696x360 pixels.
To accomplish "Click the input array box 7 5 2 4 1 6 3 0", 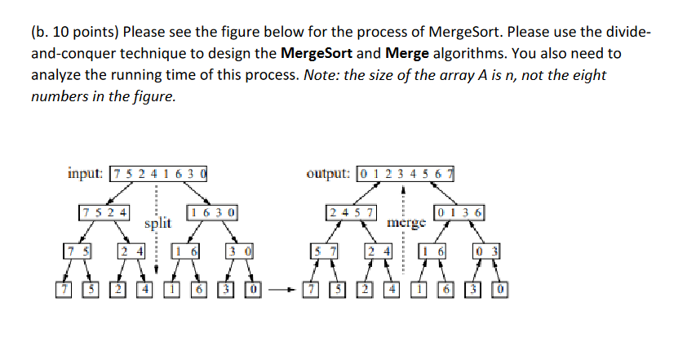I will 158,173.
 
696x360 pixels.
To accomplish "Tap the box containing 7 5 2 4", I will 104,213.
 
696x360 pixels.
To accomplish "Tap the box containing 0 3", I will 487,251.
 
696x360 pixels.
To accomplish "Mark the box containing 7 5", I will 78,251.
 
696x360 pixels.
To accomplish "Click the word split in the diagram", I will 158,222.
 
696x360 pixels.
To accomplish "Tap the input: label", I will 86,173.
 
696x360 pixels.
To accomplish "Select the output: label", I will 329,173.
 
